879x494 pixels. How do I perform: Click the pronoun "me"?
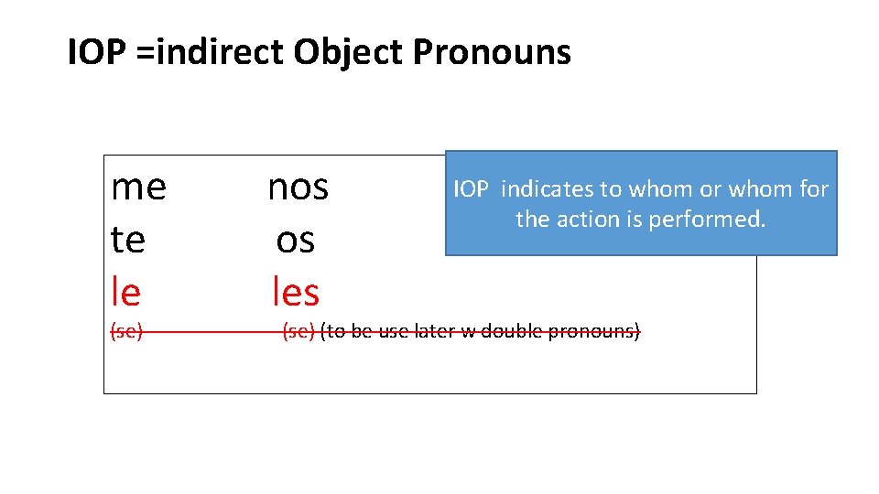138,188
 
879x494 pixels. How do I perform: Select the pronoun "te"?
127,240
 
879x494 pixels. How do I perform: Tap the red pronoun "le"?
125,292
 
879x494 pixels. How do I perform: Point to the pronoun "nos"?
298,188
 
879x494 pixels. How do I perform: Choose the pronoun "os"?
295,240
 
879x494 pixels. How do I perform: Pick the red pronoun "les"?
296,292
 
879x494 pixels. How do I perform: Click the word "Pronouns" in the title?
492,53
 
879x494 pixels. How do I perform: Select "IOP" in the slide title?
95,53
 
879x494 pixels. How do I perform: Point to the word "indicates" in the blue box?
548,189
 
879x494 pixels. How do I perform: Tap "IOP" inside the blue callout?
472,189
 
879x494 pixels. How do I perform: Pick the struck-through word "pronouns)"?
593,331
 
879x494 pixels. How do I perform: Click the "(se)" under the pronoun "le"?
126,331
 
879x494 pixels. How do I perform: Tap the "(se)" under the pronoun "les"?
298,331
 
